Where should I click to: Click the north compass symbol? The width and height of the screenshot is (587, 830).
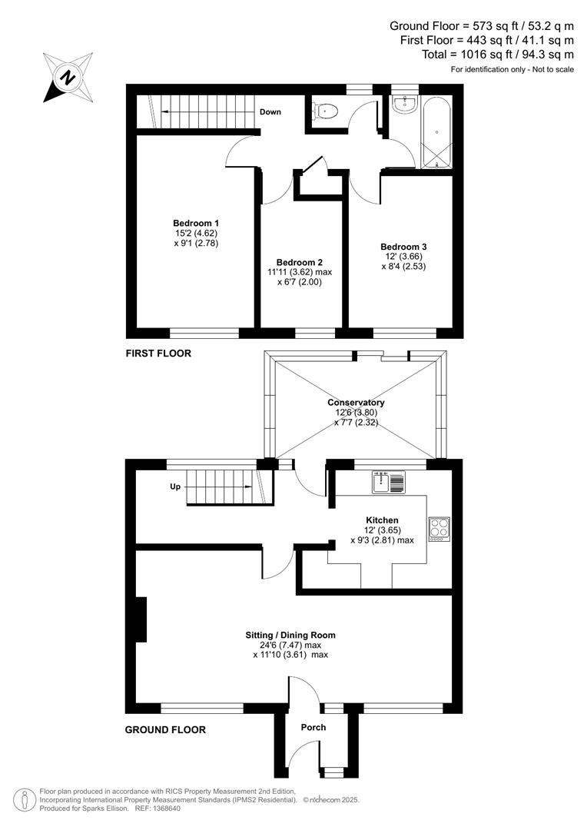tap(68, 77)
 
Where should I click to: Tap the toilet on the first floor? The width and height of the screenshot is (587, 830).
tap(326, 112)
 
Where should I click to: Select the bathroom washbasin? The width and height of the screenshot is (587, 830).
tap(403, 105)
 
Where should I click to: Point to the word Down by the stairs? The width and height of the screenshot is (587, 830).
tap(270, 112)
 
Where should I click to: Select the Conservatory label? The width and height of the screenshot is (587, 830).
tap(356, 403)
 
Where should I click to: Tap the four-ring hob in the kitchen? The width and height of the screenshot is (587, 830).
tap(439, 530)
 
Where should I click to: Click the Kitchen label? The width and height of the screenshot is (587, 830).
tap(382, 520)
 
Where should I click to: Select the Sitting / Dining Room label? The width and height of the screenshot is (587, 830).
tap(290, 635)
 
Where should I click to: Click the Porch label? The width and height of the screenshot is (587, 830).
tap(313, 727)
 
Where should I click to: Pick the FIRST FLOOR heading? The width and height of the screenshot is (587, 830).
tap(158, 354)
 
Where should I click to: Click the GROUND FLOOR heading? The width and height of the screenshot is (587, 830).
tap(165, 730)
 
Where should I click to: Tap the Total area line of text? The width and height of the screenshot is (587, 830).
tap(497, 55)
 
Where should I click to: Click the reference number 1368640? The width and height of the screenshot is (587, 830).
tap(164, 808)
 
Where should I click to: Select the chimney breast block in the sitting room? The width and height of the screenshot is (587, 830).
tap(141, 619)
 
